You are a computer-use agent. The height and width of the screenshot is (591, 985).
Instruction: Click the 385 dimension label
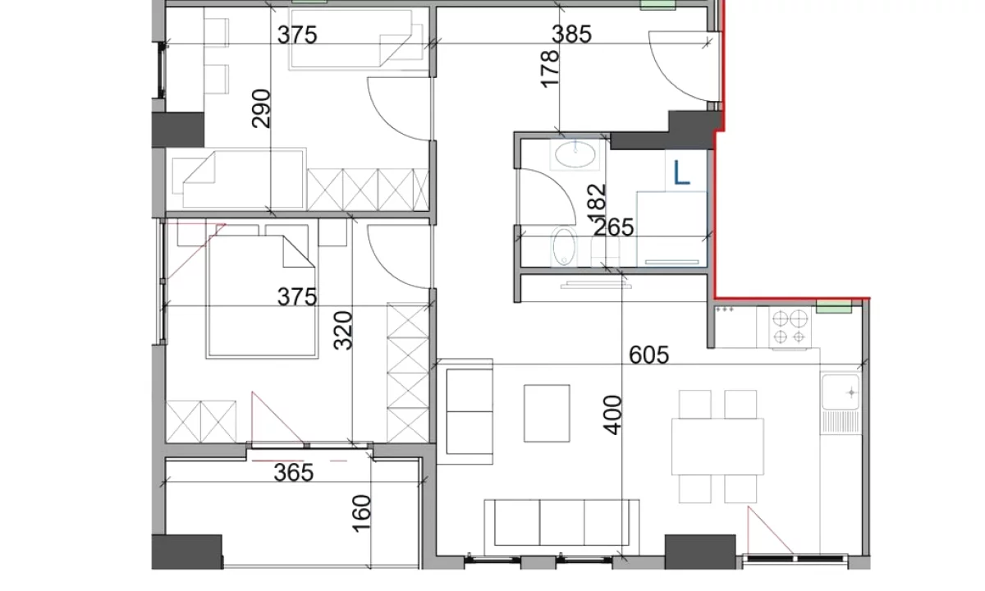pyautogui.click(x=571, y=34)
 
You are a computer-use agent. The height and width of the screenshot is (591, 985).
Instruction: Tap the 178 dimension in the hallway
pyautogui.click(x=550, y=69)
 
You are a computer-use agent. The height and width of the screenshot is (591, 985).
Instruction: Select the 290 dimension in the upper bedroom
pyautogui.click(x=261, y=108)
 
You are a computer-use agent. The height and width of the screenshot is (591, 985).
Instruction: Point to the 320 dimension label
pyautogui.click(x=343, y=330)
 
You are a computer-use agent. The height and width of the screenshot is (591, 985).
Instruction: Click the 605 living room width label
pyautogui.click(x=649, y=355)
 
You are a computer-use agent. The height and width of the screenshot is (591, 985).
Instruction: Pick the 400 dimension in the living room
pyautogui.click(x=612, y=415)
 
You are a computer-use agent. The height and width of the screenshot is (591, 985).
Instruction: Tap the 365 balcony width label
pyautogui.click(x=294, y=473)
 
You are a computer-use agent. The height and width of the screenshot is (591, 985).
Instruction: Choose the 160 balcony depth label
pyautogui.click(x=361, y=514)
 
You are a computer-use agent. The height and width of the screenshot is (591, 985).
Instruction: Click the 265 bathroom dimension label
pyautogui.click(x=614, y=227)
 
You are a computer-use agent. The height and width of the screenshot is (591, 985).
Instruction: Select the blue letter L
pyautogui.click(x=681, y=172)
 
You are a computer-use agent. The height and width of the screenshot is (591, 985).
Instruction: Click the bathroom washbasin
pyautogui.click(x=575, y=154)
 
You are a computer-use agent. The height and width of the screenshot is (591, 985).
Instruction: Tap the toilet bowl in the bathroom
pyautogui.click(x=564, y=247)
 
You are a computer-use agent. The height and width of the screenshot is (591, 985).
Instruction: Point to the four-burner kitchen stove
pyautogui.click(x=790, y=327)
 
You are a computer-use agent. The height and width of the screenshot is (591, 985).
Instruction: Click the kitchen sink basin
pyautogui.click(x=841, y=392)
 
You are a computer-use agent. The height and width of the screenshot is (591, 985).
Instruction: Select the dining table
pyautogui.click(x=717, y=447)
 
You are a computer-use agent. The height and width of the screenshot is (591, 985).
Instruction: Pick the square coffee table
pyautogui.click(x=547, y=414)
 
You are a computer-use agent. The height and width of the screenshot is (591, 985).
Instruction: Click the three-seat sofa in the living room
pyautogui.click(x=561, y=527)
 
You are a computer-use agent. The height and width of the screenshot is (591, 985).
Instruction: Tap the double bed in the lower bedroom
pyautogui.click(x=262, y=296)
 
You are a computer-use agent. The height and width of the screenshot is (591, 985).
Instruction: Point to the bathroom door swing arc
pyautogui.click(x=561, y=187)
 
